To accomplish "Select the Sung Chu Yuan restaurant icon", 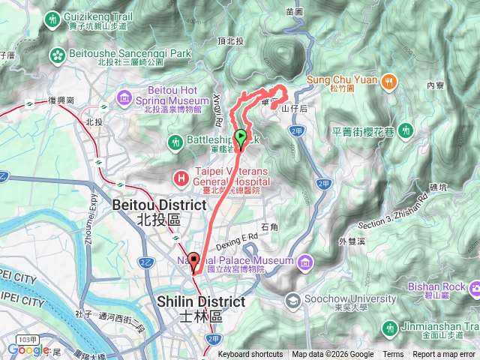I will coord(388,80).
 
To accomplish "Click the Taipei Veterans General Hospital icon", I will coord(181,177).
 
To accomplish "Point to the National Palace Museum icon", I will coord(305,261).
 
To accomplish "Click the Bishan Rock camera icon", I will coord(473,287).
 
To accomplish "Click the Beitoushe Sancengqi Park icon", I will coord(58,54).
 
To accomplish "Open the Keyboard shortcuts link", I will coord(250,355).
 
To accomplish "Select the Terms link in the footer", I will coord(393,355).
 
